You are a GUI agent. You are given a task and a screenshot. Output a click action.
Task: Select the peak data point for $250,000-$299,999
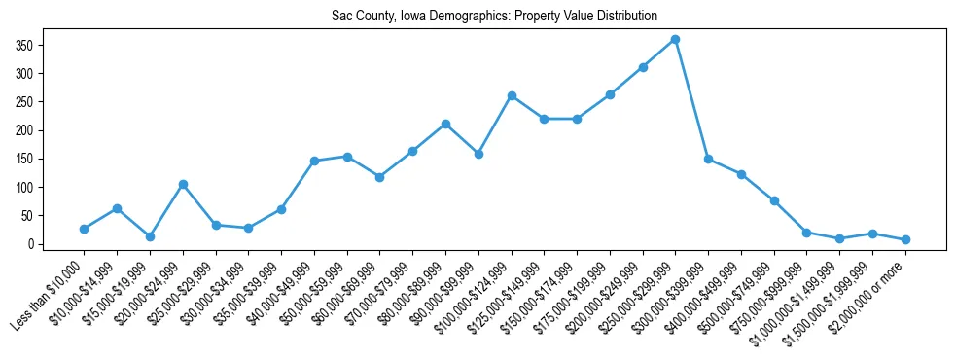point(675,40)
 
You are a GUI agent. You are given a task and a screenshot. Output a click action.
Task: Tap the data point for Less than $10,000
point(84,229)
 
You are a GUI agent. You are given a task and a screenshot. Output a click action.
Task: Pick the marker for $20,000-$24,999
point(183,184)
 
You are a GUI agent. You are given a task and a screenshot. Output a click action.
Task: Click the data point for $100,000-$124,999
point(511,96)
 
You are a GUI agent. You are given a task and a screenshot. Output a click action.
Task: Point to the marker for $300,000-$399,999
point(708,159)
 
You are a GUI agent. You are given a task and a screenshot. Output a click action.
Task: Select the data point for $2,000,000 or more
point(905,239)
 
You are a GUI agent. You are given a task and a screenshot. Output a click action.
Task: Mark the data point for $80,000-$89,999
point(445,124)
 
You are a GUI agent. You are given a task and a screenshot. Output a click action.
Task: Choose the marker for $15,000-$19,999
point(150,236)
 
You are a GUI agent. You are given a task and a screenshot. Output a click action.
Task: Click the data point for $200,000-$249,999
point(643,67)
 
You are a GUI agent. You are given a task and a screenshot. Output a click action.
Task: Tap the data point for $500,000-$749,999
point(774,200)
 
